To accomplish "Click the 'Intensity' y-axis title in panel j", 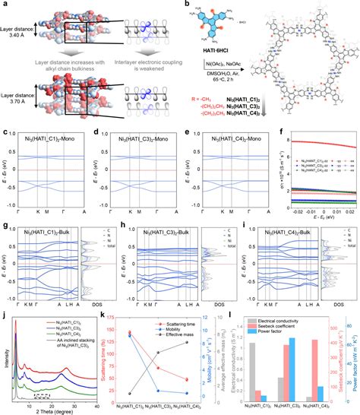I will click(7, 359).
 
